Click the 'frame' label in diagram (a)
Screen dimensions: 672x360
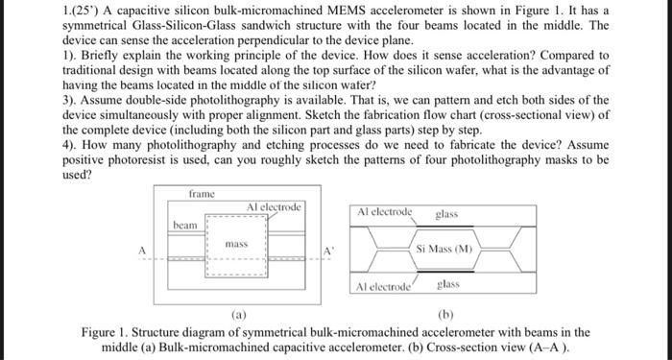pos(202,194)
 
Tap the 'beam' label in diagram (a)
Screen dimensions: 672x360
pos(185,225)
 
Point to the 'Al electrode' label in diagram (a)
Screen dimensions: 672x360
pos(274,206)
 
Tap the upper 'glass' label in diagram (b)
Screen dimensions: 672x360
pos(446,214)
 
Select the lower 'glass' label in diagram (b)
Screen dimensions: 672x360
pos(449,284)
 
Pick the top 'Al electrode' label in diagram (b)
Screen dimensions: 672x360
pos(384,211)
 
